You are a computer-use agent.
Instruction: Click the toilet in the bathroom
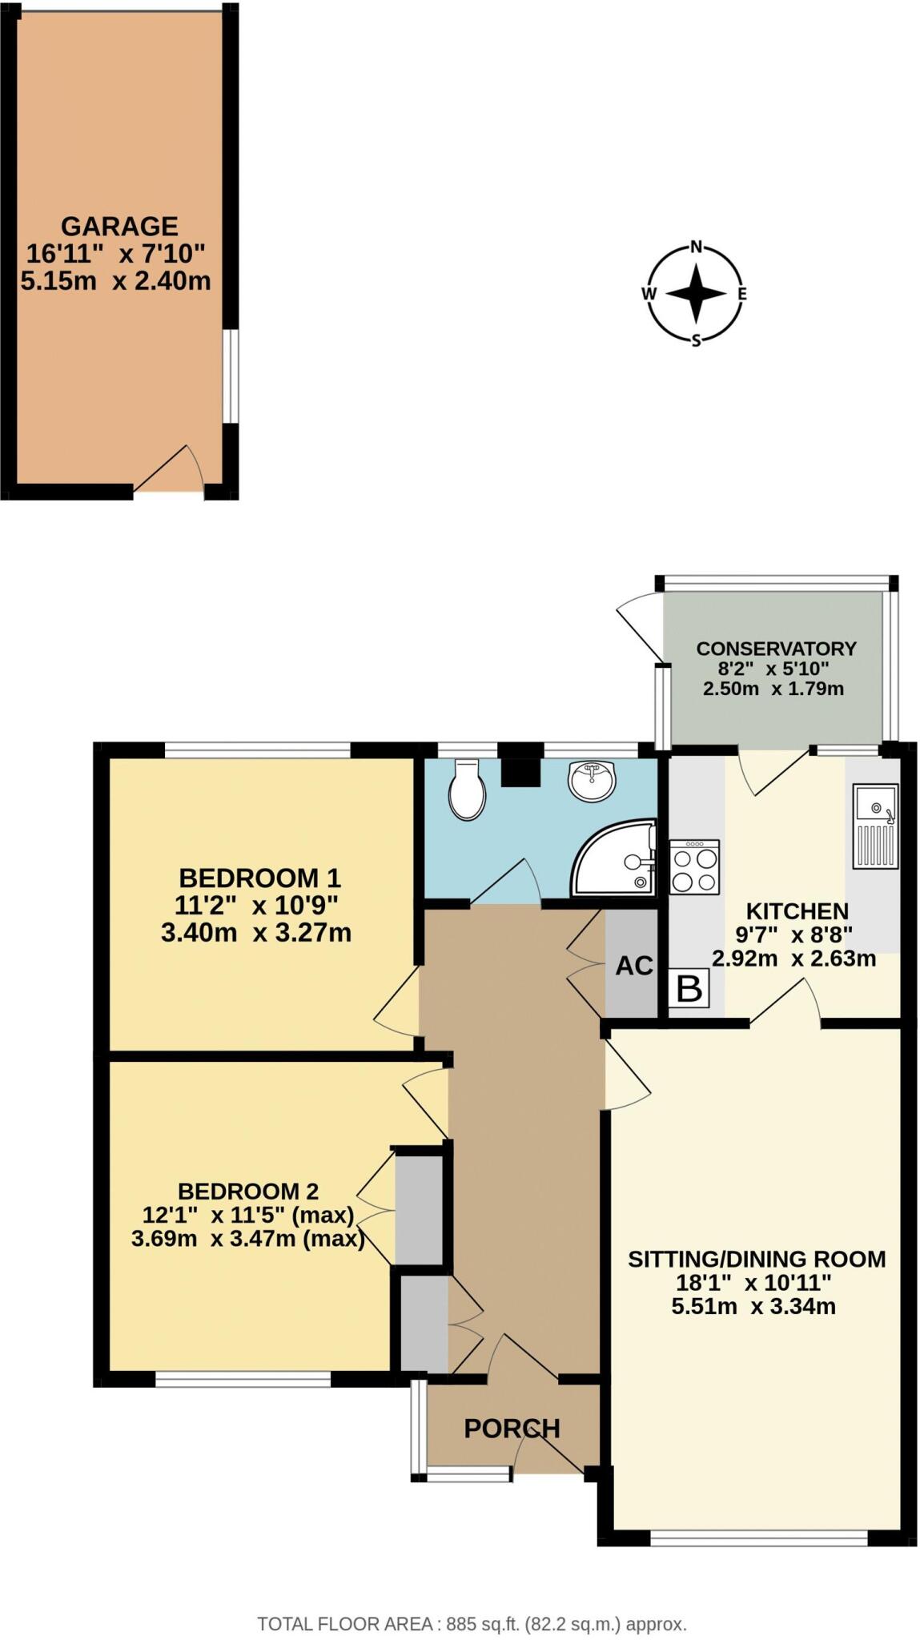[467, 791]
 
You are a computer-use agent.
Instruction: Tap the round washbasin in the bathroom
[593, 779]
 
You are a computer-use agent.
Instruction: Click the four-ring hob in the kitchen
[694, 868]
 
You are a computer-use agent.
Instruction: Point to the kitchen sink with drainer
[874, 826]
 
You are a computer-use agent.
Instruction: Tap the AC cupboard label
[634, 967]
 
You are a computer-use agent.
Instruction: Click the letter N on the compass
[697, 247]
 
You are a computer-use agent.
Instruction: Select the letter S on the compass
[697, 341]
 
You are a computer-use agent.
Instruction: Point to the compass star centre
[697, 294]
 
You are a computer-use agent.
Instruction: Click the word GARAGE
[119, 227]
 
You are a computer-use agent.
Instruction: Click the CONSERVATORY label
[776, 649]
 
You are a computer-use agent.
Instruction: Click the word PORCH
[512, 1428]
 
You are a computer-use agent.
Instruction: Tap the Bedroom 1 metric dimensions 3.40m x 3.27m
[256, 933]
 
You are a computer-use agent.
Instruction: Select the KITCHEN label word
[797, 911]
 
